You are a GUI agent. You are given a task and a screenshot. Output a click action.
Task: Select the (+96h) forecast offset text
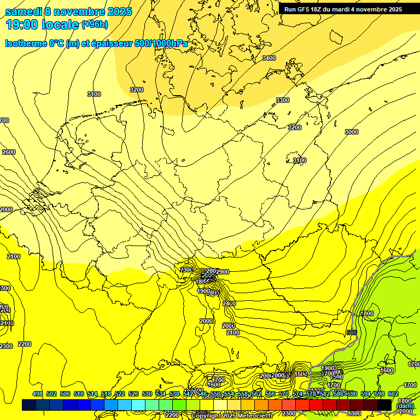[x=95, y=24]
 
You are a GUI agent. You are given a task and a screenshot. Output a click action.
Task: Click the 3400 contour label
[x=269, y=58]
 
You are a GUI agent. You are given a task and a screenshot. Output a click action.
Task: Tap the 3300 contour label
[x=283, y=100]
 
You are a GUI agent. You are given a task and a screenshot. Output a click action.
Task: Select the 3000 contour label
[x=352, y=132]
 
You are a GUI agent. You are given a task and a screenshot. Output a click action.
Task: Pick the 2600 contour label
[x=9, y=152]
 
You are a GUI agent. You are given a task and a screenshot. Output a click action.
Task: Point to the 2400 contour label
[x=229, y=304]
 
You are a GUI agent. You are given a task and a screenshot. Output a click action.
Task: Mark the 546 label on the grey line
[x=352, y=332]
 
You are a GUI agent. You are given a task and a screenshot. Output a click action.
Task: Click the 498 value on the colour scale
[x=38, y=394]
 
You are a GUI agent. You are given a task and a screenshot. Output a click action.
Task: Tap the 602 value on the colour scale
[x=393, y=394]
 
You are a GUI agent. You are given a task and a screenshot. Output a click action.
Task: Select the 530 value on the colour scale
[x=147, y=394]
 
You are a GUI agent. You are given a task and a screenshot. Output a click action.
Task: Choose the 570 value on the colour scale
[x=284, y=394]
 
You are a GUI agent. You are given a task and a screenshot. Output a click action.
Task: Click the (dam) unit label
[x=405, y=406]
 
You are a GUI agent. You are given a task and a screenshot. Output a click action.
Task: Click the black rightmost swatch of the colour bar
[x=384, y=405]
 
